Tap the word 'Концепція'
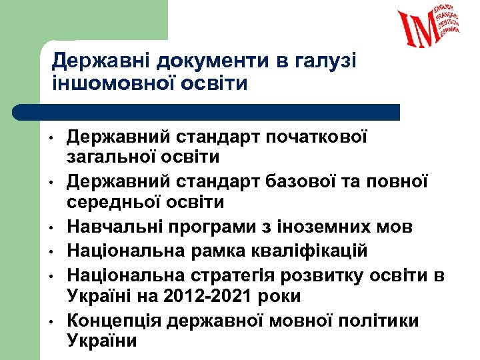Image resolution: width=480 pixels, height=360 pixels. pyautogui.click(x=114, y=321)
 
